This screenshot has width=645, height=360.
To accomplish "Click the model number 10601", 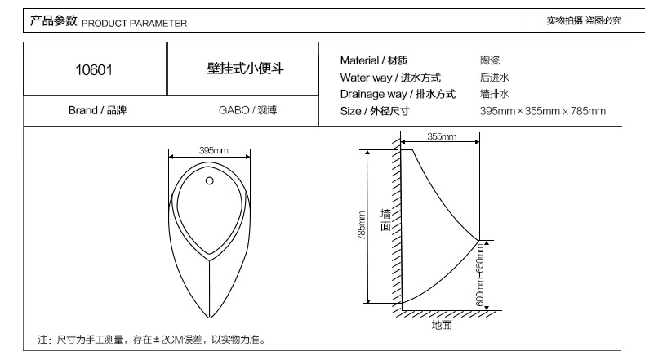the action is (x=94, y=70).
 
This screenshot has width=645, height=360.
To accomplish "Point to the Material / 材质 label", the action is (x=374, y=60).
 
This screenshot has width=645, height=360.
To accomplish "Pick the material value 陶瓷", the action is (x=490, y=60).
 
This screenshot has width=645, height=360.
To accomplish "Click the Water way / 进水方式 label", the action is (x=390, y=78).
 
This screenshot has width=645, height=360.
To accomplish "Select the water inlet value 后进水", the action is (x=495, y=78).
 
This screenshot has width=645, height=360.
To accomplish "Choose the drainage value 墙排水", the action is (x=495, y=94).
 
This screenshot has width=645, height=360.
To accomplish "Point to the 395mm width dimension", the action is (x=213, y=150).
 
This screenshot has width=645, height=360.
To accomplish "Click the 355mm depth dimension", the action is (x=441, y=136).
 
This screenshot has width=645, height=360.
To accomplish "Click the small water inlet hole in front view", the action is (x=210, y=180).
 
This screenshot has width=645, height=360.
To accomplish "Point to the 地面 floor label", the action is (x=442, y=324).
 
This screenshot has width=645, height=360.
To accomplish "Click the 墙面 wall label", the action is (x=385, y=220).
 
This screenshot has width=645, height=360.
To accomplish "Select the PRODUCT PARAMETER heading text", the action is (x=134, y=23).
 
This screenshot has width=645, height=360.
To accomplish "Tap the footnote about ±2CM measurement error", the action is (x=152, y=340).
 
